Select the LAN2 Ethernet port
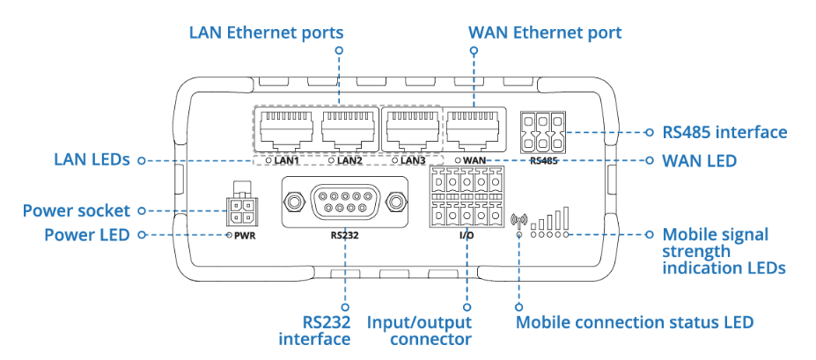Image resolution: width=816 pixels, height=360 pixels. (345, 130)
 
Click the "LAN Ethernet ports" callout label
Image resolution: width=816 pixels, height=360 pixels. (266, 33)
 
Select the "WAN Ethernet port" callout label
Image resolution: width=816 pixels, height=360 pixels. (545, 33)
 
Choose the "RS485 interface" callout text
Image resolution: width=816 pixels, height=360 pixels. (724, 132)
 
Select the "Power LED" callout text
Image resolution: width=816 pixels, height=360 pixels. (86, 235)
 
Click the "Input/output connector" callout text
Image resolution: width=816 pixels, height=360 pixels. (419, 330)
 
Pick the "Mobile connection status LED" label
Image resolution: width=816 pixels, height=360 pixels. (635, 321)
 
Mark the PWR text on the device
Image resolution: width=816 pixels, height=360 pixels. (246, 236)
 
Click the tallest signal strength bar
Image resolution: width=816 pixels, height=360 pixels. (566, 218)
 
